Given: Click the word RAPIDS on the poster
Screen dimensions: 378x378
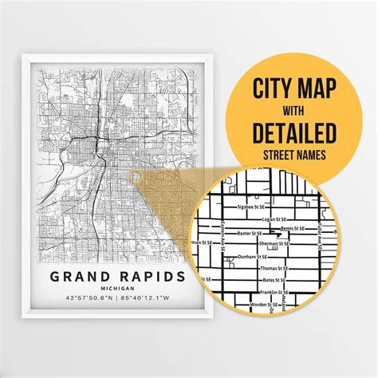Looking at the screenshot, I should (x=152, y=277).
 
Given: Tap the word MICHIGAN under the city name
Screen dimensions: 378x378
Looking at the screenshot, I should (x=114, y=289).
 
